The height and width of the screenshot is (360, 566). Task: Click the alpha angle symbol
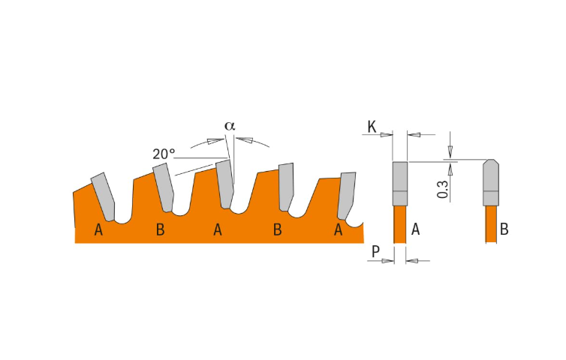click(230, 126)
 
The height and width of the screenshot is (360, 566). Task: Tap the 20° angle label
click(164, 154)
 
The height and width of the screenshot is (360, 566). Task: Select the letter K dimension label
click(372, 127)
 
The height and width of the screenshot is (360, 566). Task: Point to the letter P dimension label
click(375, 251)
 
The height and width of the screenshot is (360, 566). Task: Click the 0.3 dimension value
click(443, 189)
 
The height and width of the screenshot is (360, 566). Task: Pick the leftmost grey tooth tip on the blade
click(104, 196)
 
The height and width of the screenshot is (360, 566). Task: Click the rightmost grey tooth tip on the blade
click(347, 195)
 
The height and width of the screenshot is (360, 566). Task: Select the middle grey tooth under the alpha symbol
click(225, 184)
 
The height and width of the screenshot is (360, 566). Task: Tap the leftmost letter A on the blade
click(98, 229)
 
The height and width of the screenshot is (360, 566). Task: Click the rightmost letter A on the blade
click(338, 229)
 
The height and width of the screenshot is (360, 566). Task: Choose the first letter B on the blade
click(161, 229)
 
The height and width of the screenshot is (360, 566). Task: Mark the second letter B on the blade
click(277, 229)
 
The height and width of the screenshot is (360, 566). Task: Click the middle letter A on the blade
click(217, 229)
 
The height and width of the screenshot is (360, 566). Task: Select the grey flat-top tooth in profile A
click(400, 184)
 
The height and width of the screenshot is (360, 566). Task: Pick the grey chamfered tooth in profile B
click(491, 182)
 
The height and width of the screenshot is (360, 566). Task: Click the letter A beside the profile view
click(415, 229)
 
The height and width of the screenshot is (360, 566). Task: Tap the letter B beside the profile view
click(504, 229)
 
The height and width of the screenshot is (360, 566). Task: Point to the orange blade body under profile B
click(491, 224)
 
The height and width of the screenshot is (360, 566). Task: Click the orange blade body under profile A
click(400, 224)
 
